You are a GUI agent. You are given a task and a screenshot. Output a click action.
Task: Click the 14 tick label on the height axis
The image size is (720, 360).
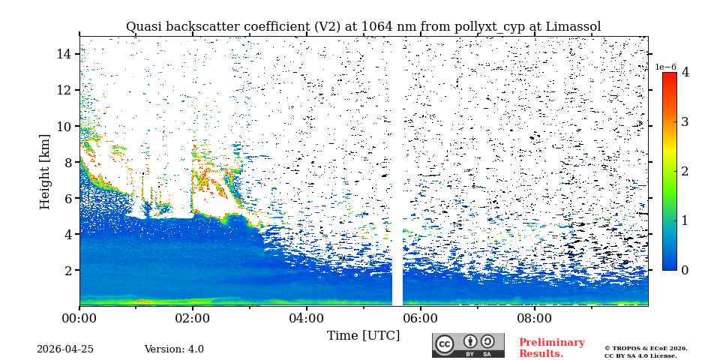pos(64,54)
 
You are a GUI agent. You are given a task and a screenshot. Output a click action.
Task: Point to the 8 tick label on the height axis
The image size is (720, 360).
pos(67,162)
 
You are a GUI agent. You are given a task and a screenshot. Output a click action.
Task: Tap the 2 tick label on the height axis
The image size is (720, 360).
pos(67,270)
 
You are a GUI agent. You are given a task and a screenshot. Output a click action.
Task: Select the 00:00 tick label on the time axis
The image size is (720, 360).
pos(79,318)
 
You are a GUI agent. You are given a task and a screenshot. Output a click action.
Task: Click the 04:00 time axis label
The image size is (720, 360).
pos(307,318)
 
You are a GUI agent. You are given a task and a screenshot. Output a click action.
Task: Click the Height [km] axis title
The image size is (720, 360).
pos(45,171)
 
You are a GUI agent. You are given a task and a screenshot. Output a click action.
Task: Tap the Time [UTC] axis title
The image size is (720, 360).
pos(363,335)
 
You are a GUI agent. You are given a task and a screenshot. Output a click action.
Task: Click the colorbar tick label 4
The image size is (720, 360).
pos(685,73)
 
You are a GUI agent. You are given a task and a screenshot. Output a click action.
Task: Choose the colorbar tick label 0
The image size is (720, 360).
pos(685,270)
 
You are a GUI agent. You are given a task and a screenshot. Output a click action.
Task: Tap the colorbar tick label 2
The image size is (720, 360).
pos(685,171)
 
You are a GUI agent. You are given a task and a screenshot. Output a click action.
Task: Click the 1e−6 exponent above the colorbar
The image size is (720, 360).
pos(665,67)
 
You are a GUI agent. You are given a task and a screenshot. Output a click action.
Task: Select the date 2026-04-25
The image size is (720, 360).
pos(65,349)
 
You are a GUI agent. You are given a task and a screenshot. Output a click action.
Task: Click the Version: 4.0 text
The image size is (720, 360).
pos(174,349)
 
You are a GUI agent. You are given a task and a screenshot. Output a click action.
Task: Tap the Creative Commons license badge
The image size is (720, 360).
pos(468,345)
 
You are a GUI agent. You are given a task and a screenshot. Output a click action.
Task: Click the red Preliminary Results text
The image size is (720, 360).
pos(551,348)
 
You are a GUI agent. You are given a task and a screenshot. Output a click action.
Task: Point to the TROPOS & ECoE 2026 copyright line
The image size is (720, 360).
pos(646,348)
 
